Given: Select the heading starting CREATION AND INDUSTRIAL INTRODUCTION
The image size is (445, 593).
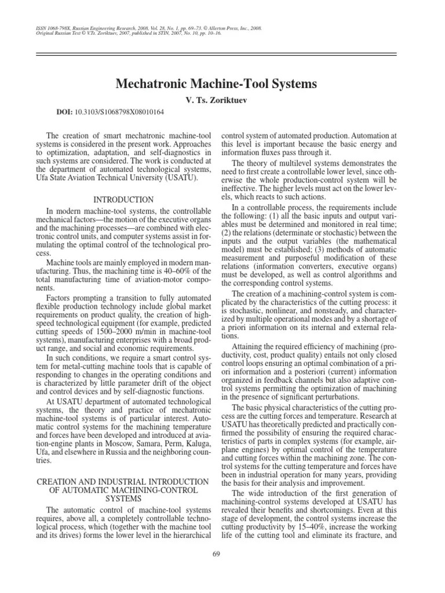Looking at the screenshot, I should pos(122,482).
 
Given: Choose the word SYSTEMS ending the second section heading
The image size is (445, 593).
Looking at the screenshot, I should pos(122,498).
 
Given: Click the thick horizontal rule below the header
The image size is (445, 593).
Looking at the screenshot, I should pos(222,54).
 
